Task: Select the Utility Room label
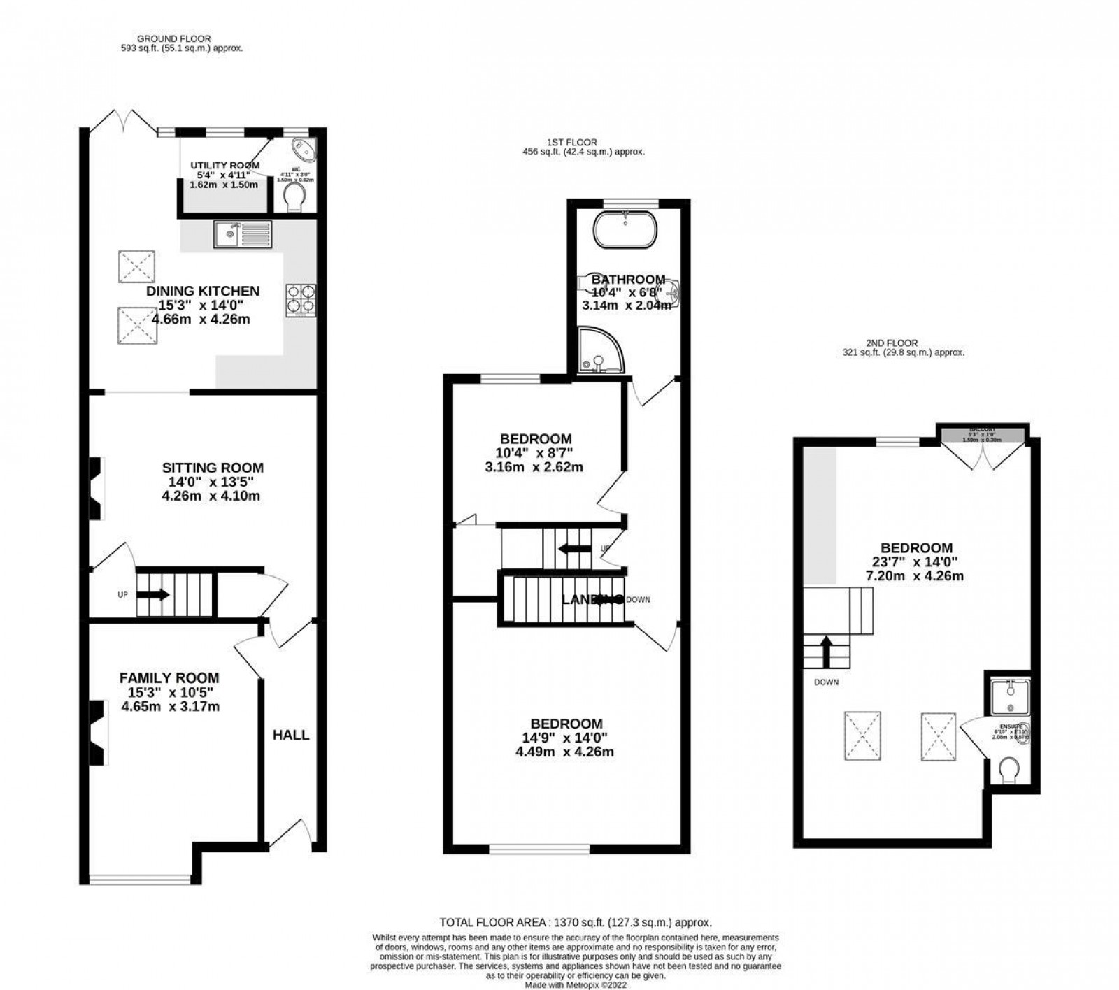tap(224, 166)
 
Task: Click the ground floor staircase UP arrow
tap(153, 595)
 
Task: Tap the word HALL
tap(291, 735)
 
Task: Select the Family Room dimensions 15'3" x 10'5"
tap(170, 692)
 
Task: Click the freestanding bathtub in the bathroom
tap(627, 229)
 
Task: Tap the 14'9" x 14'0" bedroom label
tap(566, 738)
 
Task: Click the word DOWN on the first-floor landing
tap(638, 600)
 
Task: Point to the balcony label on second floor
tap(982, 431)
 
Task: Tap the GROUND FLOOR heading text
tap(174, 38)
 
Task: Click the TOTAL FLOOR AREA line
tap(575, 923)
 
